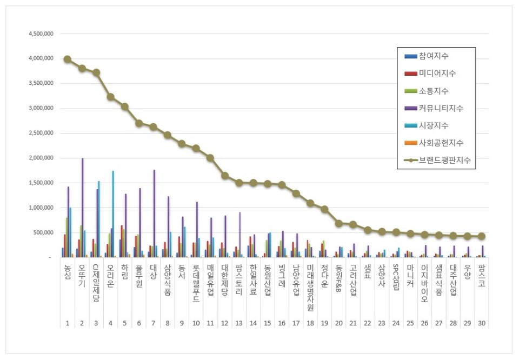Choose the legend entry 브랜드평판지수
click(444, 160)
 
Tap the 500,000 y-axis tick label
click(44, 232)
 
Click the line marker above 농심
click(67, 59)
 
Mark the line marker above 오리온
click(110, 97)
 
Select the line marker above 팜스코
click(482, 236)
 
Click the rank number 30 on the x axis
click(482, 323)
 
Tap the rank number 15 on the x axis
click(267, 323)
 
